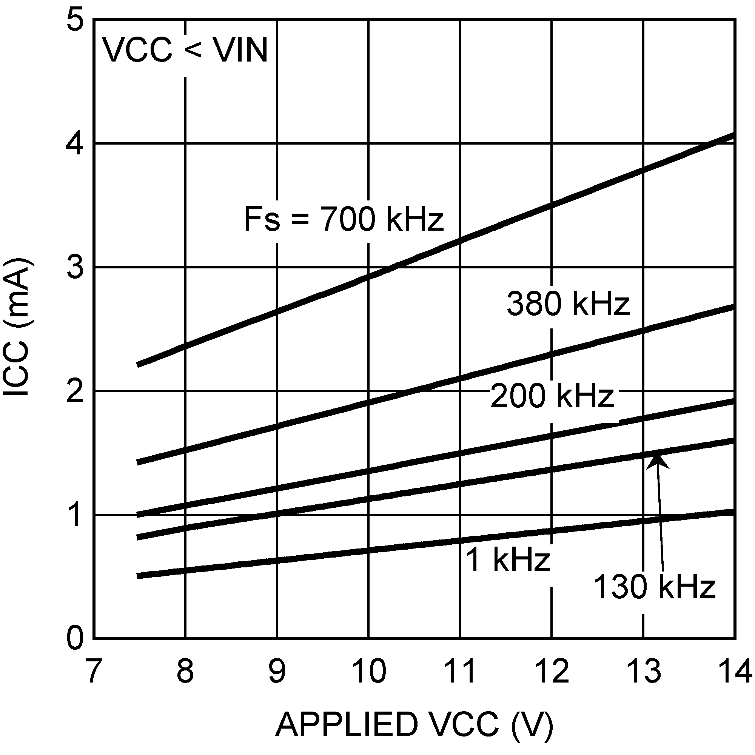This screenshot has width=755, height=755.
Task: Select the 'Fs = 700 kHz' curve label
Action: click(344, 219)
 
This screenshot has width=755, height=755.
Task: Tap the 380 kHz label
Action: click(568, 304)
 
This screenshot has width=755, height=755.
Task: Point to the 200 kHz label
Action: click(552, 396)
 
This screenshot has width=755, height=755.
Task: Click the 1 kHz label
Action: click(508, 560)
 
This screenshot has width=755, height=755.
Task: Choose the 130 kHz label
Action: click(654, 587)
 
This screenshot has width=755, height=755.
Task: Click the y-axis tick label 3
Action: click(75, 267)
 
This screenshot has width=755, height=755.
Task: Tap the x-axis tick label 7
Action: click(92, 670)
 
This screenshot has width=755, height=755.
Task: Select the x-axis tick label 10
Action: click(368, 670)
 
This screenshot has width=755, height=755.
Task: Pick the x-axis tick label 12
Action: click(552, 670)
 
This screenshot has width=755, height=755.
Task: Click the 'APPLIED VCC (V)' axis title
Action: click(414, 724)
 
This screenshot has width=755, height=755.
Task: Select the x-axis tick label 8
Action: click(185, 670)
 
